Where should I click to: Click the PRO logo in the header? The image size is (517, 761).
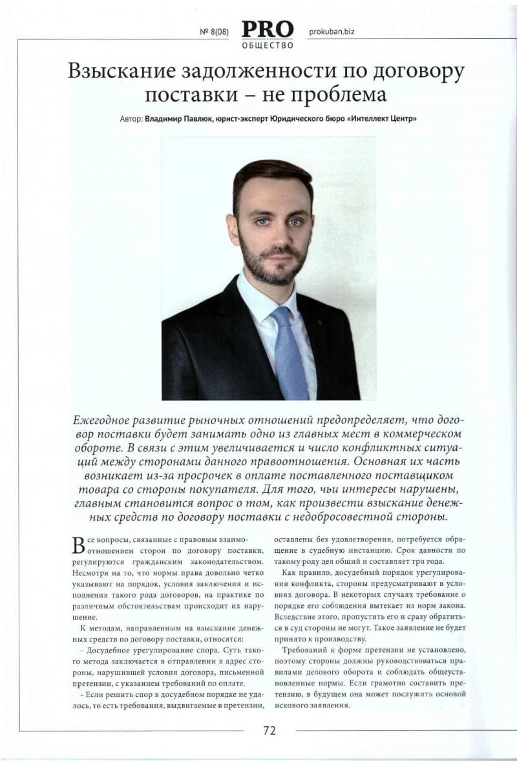268,29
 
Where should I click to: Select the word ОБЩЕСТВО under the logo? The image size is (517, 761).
268,45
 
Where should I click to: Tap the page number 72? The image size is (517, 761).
269,731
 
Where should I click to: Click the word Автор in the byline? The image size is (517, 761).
131,119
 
